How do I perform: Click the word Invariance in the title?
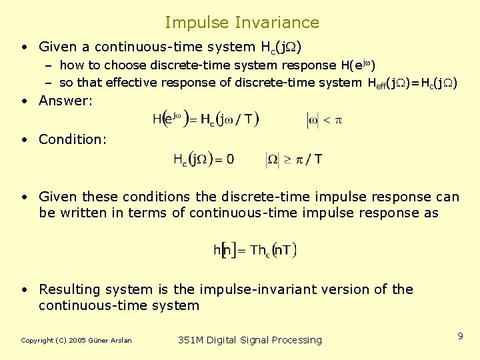[x=277, y=23]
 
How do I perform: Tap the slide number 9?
[x=460, y=337]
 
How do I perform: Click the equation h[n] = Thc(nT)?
[x=255, y=250]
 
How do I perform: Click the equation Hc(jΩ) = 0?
[x=204, y=159]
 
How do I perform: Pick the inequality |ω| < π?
[x=324, y=120]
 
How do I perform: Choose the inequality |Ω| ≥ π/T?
[x=295, y=159]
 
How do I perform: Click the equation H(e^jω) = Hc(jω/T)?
[x=205, y=120]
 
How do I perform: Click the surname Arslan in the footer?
[x=121, y=341]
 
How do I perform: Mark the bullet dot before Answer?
[x=24, y=101]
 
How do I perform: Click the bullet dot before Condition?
[x=24, y=139]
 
